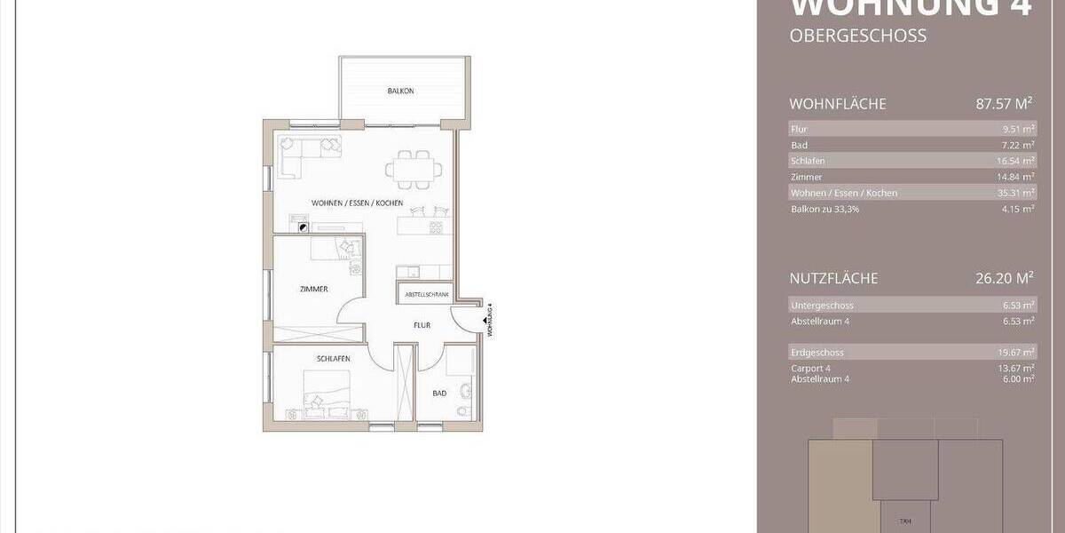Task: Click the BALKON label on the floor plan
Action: coord(400,91)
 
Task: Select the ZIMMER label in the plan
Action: coord(314,290)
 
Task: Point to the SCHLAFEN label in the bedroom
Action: coord(333,358)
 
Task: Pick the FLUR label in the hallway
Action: coord(422,326)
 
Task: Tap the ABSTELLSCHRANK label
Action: coord(426,294)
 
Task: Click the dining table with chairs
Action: coord(410,168)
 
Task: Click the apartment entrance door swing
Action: coord(463,318)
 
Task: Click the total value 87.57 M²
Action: coord(1005,104)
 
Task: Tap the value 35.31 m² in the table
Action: coord(1015,193)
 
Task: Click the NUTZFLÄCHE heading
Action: coord(833,278)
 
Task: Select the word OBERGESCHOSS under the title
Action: coord(857,36)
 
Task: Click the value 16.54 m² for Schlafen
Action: coord(1015,161)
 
